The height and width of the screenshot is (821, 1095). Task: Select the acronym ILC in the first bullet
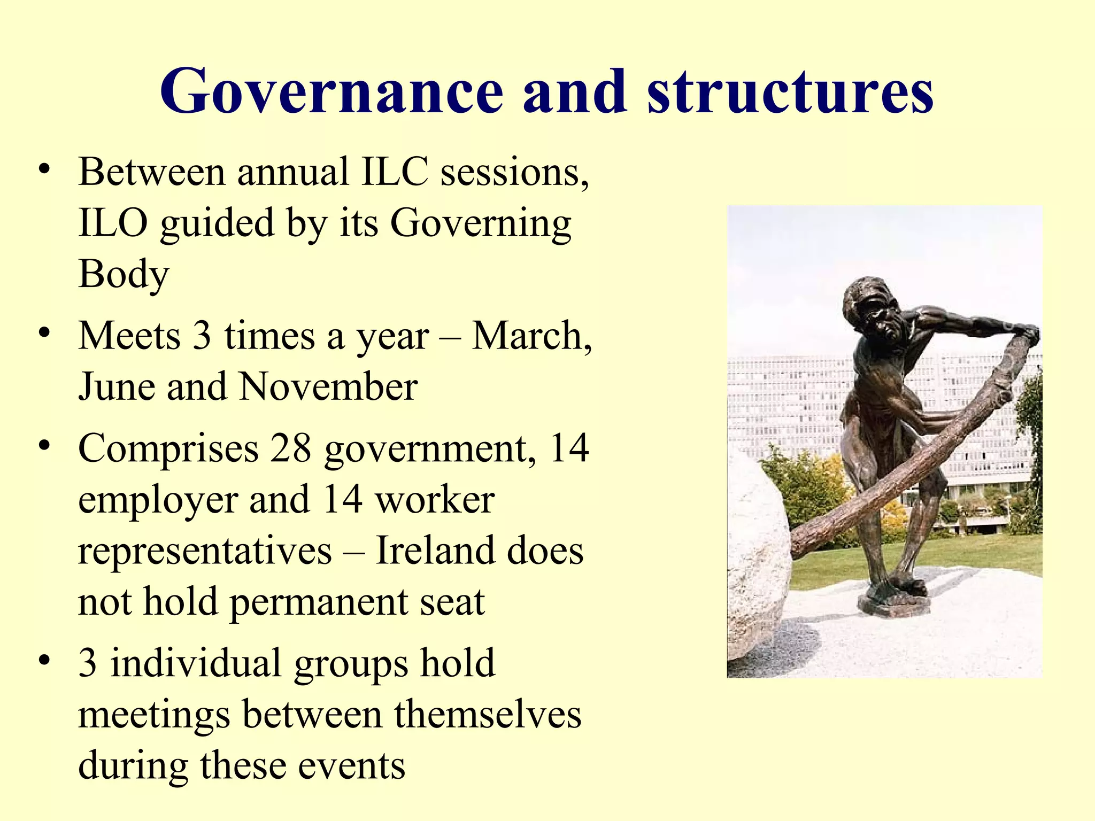395,172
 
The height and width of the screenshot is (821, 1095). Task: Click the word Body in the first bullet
124,274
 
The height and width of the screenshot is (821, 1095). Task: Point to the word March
531,336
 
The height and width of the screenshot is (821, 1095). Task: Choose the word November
328,386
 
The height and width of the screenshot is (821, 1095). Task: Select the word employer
158,500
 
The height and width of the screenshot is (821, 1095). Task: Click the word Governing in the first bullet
481,223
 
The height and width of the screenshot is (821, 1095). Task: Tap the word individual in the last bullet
196,663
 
